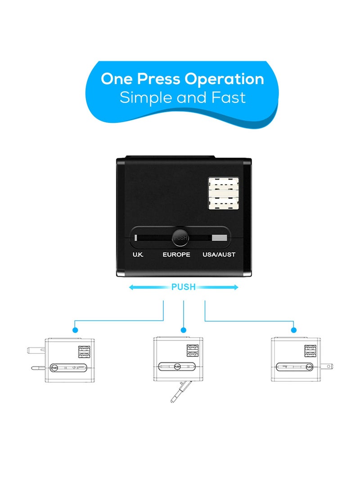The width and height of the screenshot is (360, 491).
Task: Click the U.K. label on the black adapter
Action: point(138,255)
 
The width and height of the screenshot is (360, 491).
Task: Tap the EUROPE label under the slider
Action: point(176,255)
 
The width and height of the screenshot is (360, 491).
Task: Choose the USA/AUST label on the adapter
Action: point(219,255)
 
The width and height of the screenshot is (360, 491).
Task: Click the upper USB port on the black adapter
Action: point(224,186)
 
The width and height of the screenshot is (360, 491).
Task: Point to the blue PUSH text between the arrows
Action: point(183,287)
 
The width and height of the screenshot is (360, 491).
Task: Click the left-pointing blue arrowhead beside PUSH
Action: point(131,287)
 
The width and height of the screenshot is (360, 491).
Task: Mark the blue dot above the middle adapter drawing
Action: point(184,329)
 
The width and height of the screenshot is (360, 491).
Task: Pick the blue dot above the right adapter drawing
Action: point(294,329)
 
